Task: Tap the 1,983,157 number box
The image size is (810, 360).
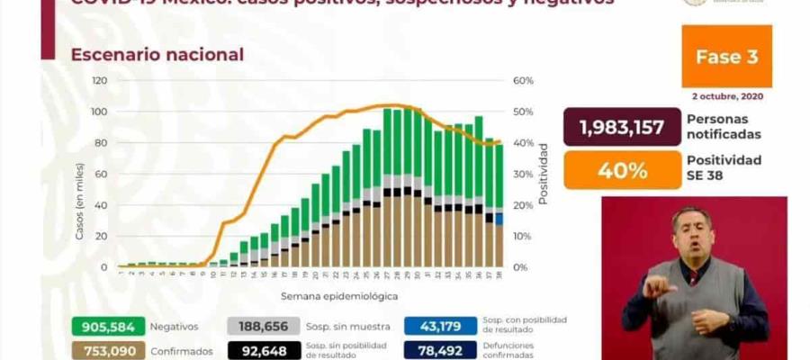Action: (x=620, y=127)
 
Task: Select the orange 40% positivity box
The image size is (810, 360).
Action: (x=621, y=169)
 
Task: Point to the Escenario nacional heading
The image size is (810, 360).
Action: (x=157, y=55)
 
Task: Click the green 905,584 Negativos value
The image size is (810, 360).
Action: (x=105, y=327)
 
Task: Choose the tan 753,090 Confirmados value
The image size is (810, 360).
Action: (x=105, y=350)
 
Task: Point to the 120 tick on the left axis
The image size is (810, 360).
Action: (x=99, y=80)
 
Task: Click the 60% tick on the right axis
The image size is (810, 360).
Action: (x=523, y=80)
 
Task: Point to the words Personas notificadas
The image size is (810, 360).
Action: (x=724, y=127)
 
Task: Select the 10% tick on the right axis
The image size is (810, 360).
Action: (x=523, y=236)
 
